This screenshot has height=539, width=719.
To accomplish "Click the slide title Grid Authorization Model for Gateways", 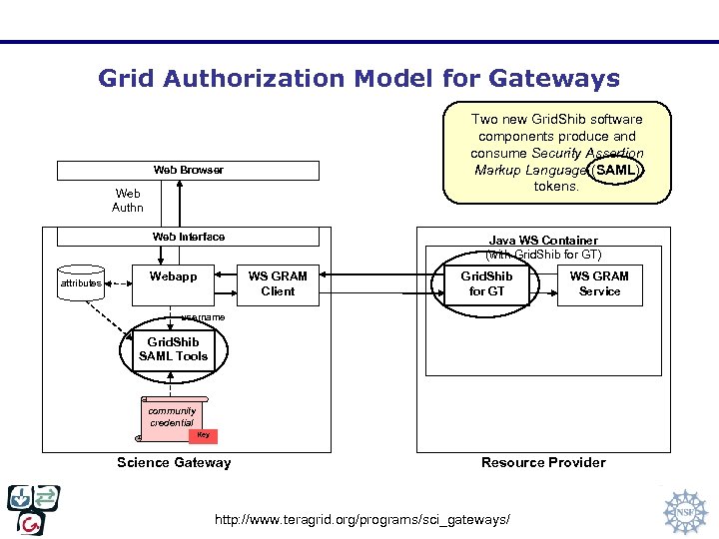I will pos(359,79).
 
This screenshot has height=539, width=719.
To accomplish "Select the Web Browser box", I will pos(188,170).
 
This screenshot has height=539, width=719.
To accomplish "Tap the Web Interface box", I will pos(188,237).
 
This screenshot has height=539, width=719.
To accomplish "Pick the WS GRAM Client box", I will pos(278,283).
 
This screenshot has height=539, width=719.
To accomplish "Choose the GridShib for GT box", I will pos(486,283).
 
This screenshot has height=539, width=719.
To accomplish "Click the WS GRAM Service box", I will pos(599,283).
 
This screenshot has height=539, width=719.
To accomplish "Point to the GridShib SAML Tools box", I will pos(173,349).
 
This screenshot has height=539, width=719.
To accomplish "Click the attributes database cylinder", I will pos(81,282).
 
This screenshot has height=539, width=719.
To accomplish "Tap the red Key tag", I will pos(203,434).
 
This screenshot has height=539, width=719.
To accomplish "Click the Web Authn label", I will pos(128,201).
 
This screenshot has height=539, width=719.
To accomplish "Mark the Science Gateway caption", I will pos(174,462).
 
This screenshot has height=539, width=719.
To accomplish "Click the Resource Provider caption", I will pos(543,462).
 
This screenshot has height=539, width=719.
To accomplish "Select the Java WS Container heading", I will pos(543,241).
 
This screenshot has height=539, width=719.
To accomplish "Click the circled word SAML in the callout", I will pos(613,170).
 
